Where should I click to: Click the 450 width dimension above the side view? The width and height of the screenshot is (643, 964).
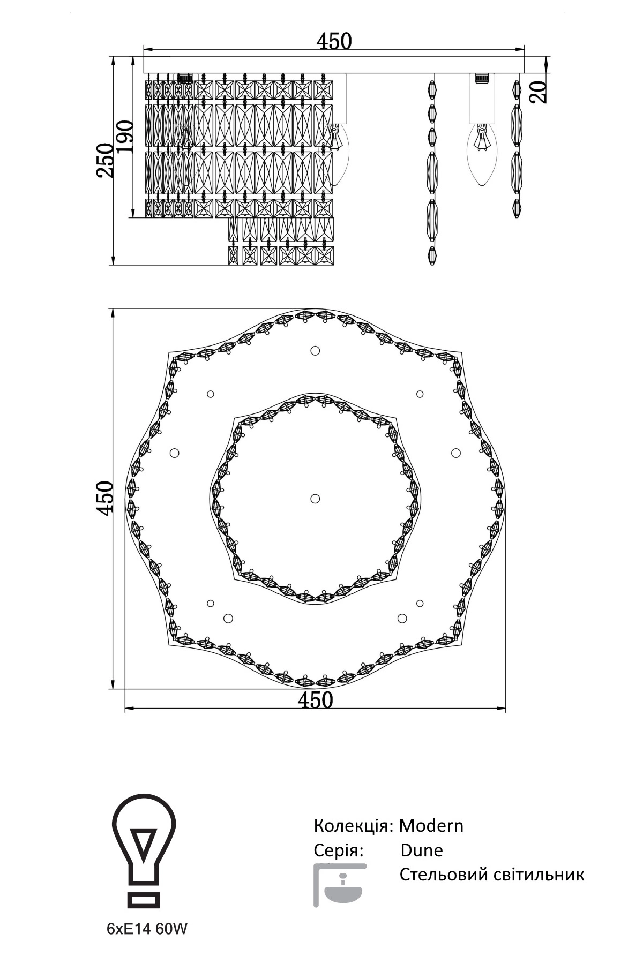pos(334,41)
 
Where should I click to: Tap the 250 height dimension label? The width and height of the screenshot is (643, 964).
pos(104,160)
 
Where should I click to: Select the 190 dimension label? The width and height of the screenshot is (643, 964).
pos(124,137)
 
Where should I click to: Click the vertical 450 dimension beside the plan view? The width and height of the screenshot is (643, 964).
pos(104,498)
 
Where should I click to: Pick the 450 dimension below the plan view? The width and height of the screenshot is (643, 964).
pos(316,700)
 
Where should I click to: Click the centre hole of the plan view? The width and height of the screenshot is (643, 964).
pos(315,499)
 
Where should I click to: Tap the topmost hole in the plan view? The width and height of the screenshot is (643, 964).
pos(315,351)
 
